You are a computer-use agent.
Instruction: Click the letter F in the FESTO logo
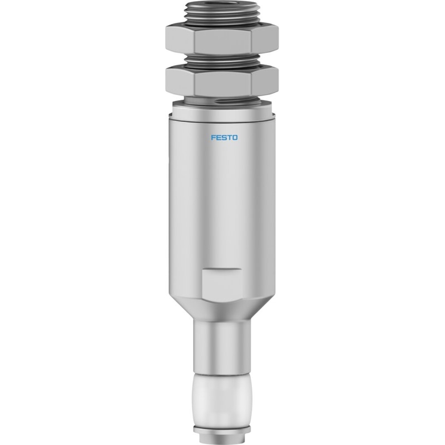(214, 137)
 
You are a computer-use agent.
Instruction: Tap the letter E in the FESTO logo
(219, 137)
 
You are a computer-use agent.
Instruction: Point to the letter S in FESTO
(224, 137)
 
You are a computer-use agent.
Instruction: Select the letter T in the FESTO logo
(229, 137)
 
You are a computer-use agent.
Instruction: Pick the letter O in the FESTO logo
(234, 137)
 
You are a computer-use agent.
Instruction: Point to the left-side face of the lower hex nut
(180, 82)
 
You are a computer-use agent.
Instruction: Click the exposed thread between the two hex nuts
(222, 60)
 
